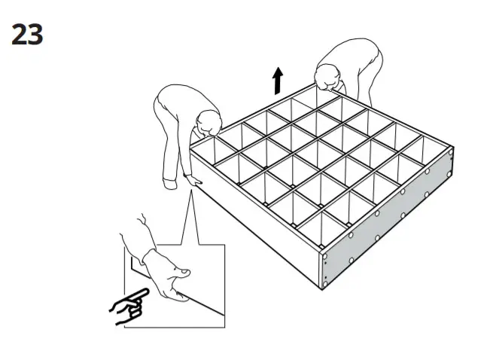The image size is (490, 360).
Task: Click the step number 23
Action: tap(26, 34)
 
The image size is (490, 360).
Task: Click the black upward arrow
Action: tap(278, 80)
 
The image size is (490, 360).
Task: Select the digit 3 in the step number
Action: tap(35, 34)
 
